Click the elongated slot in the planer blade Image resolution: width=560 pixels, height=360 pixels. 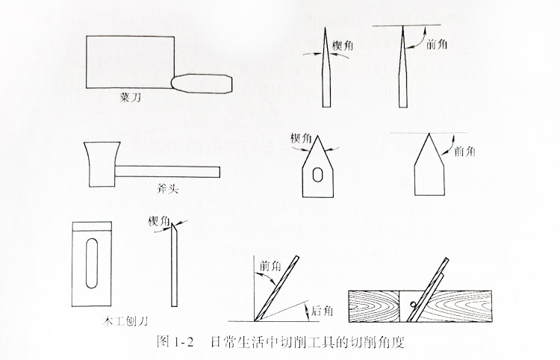point(92,263)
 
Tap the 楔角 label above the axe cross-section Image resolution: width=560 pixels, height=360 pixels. point(300,137)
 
